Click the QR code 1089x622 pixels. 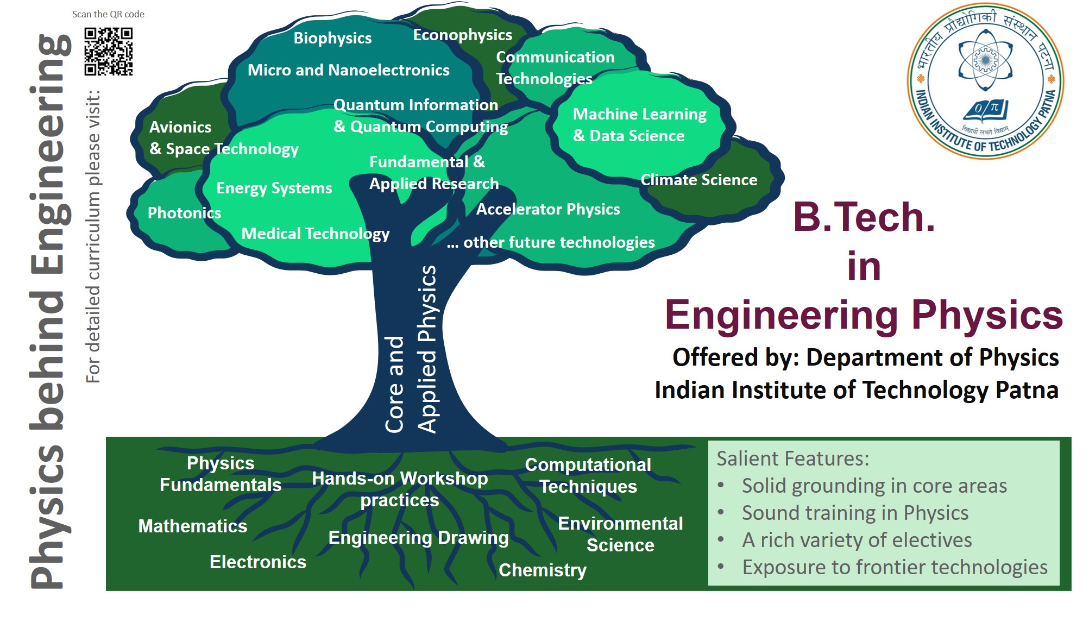[108, 52]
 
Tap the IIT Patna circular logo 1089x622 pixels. [985, 81]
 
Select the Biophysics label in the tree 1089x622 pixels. [332, 38]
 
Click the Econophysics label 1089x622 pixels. [462, 35]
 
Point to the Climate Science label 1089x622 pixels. [698, 180]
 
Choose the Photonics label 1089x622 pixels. [184, 213]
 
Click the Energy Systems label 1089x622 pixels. [274, 188]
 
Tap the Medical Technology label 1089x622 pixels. [315, 234]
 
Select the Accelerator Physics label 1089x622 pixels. [547, 209]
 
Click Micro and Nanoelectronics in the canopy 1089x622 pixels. [348, 70]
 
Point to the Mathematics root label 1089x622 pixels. [192, 526]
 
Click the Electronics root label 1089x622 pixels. [257, 562]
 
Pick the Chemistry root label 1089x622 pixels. [542, 570]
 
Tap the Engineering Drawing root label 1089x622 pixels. [418, 537]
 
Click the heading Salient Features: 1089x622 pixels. [792, 458]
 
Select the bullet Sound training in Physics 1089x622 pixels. [855, 513]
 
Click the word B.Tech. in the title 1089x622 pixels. [864, 217]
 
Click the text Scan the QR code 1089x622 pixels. [108, 14]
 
